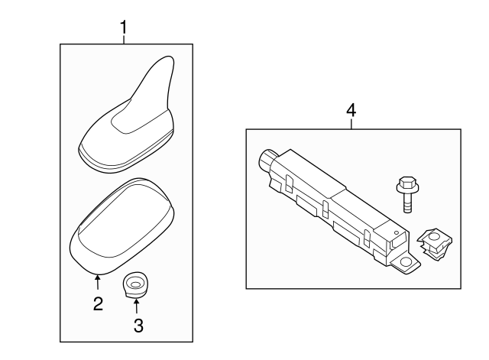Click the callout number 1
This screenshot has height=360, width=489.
pos(123,28)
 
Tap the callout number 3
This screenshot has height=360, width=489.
pos(138,326)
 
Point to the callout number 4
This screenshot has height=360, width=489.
pos(351,110)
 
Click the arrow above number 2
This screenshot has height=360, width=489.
pos(98,284)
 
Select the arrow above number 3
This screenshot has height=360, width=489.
pos(137,306)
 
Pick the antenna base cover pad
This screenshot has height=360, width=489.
pos(122,223)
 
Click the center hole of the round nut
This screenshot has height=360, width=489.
pos(135,284)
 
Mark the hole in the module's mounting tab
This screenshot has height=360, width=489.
pos(407,262)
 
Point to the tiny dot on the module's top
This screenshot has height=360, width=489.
pos(395,230)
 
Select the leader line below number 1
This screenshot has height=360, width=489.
pos(123,40)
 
